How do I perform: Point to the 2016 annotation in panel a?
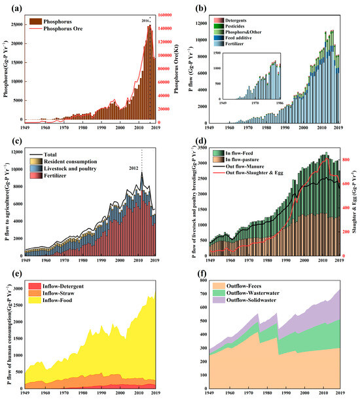tap(145, 21)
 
